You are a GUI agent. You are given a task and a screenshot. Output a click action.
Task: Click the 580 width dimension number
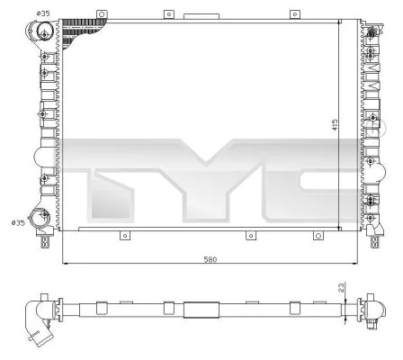click(210, 259)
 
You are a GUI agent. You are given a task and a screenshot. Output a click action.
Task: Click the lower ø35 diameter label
click(17, 222)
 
